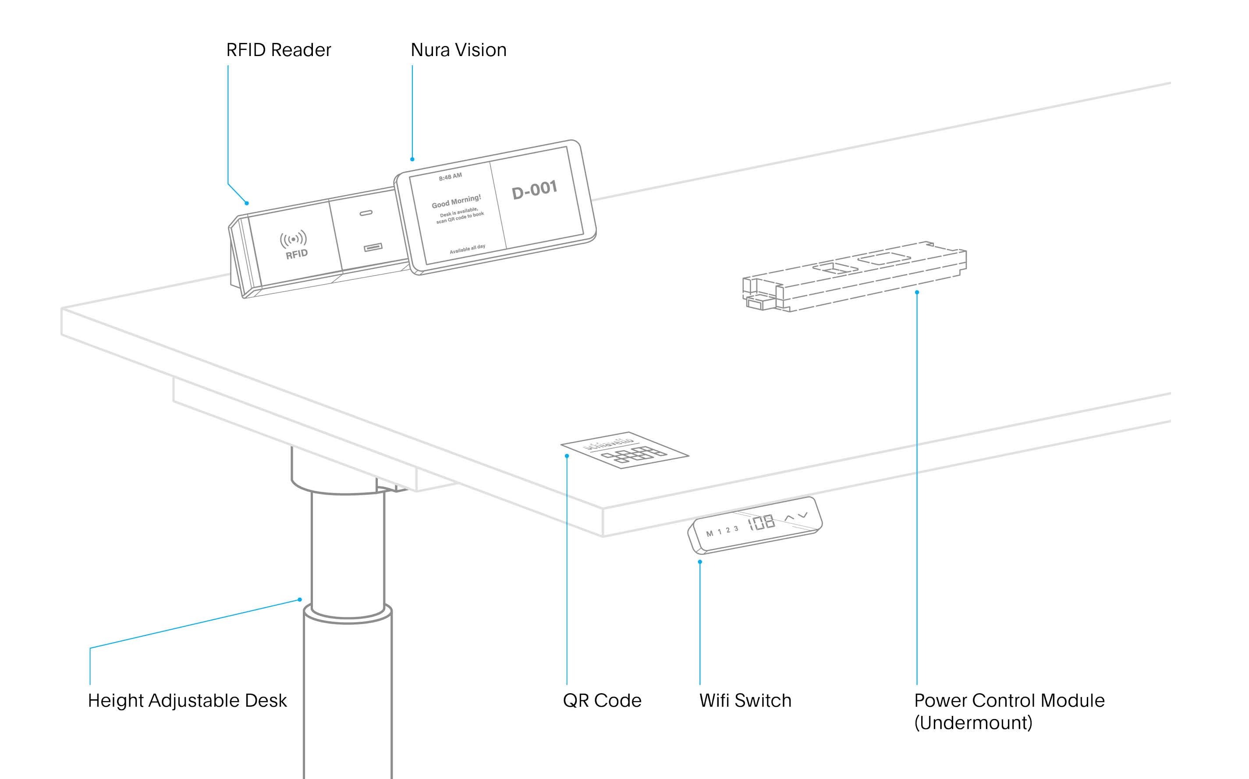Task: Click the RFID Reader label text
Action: [278, 50]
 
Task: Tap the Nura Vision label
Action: [458, 50]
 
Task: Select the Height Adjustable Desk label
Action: [187, 701]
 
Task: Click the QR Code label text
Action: [602, 701]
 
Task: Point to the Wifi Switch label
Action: [745, 701]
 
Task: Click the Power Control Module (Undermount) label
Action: [1009, 711]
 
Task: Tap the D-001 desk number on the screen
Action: [534, 190]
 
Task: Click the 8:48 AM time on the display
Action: [450, 177]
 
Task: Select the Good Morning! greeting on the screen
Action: [456, 201]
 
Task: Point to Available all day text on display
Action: [467, 249]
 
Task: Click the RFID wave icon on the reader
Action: [293, 239]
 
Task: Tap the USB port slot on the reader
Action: [373, 248]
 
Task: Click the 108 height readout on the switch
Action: [762, 522]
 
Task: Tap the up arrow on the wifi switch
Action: [789, 517]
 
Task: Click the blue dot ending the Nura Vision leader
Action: [412, 159]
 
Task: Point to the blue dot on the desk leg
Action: [299, 600]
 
